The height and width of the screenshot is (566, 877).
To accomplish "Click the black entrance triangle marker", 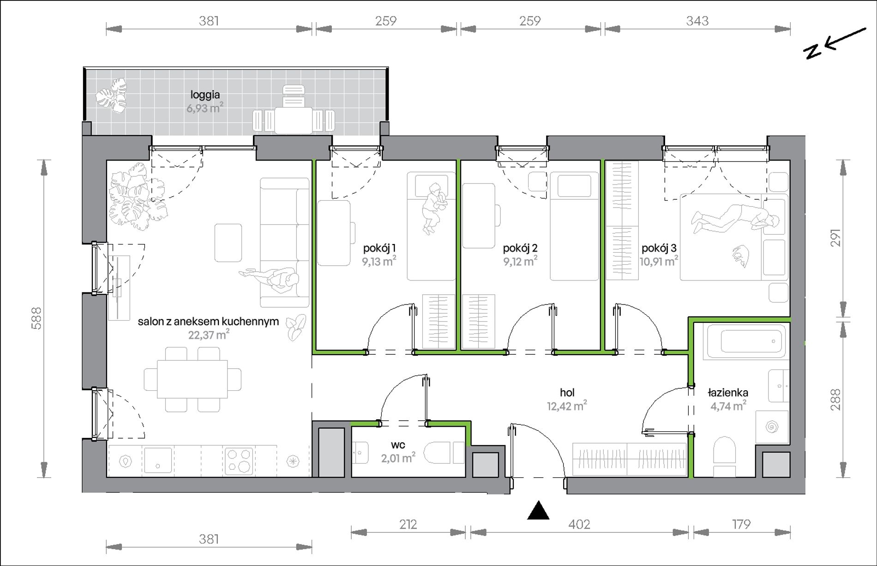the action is pos(538,511).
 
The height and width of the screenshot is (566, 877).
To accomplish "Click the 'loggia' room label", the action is pos(205,95).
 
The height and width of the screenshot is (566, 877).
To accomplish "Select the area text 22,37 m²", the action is pos(209,334).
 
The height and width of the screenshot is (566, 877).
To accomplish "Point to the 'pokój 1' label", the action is pos(379,248).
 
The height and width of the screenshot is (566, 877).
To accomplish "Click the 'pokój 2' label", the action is pos(520,248).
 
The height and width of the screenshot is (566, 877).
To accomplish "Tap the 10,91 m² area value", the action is pos(659,262).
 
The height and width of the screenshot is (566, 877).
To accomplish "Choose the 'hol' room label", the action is pos(567,393).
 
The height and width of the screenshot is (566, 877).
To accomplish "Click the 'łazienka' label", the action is pos(728,393).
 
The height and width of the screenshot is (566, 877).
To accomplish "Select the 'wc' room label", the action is pos(398,445).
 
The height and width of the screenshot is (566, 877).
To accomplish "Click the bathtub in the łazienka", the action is pos(744,341).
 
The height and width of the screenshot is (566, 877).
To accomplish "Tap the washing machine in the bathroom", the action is pos(772,427).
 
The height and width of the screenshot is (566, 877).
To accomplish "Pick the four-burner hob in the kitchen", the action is pos(239,460).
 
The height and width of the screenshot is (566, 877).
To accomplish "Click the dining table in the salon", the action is pos(192,379).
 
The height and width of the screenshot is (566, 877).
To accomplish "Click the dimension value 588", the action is pos(36,318).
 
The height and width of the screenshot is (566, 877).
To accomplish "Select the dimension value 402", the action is pos(579,524).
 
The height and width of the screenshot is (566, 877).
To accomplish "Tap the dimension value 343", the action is pos(697,21).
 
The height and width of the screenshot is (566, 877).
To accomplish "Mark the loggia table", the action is pos(294,120).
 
